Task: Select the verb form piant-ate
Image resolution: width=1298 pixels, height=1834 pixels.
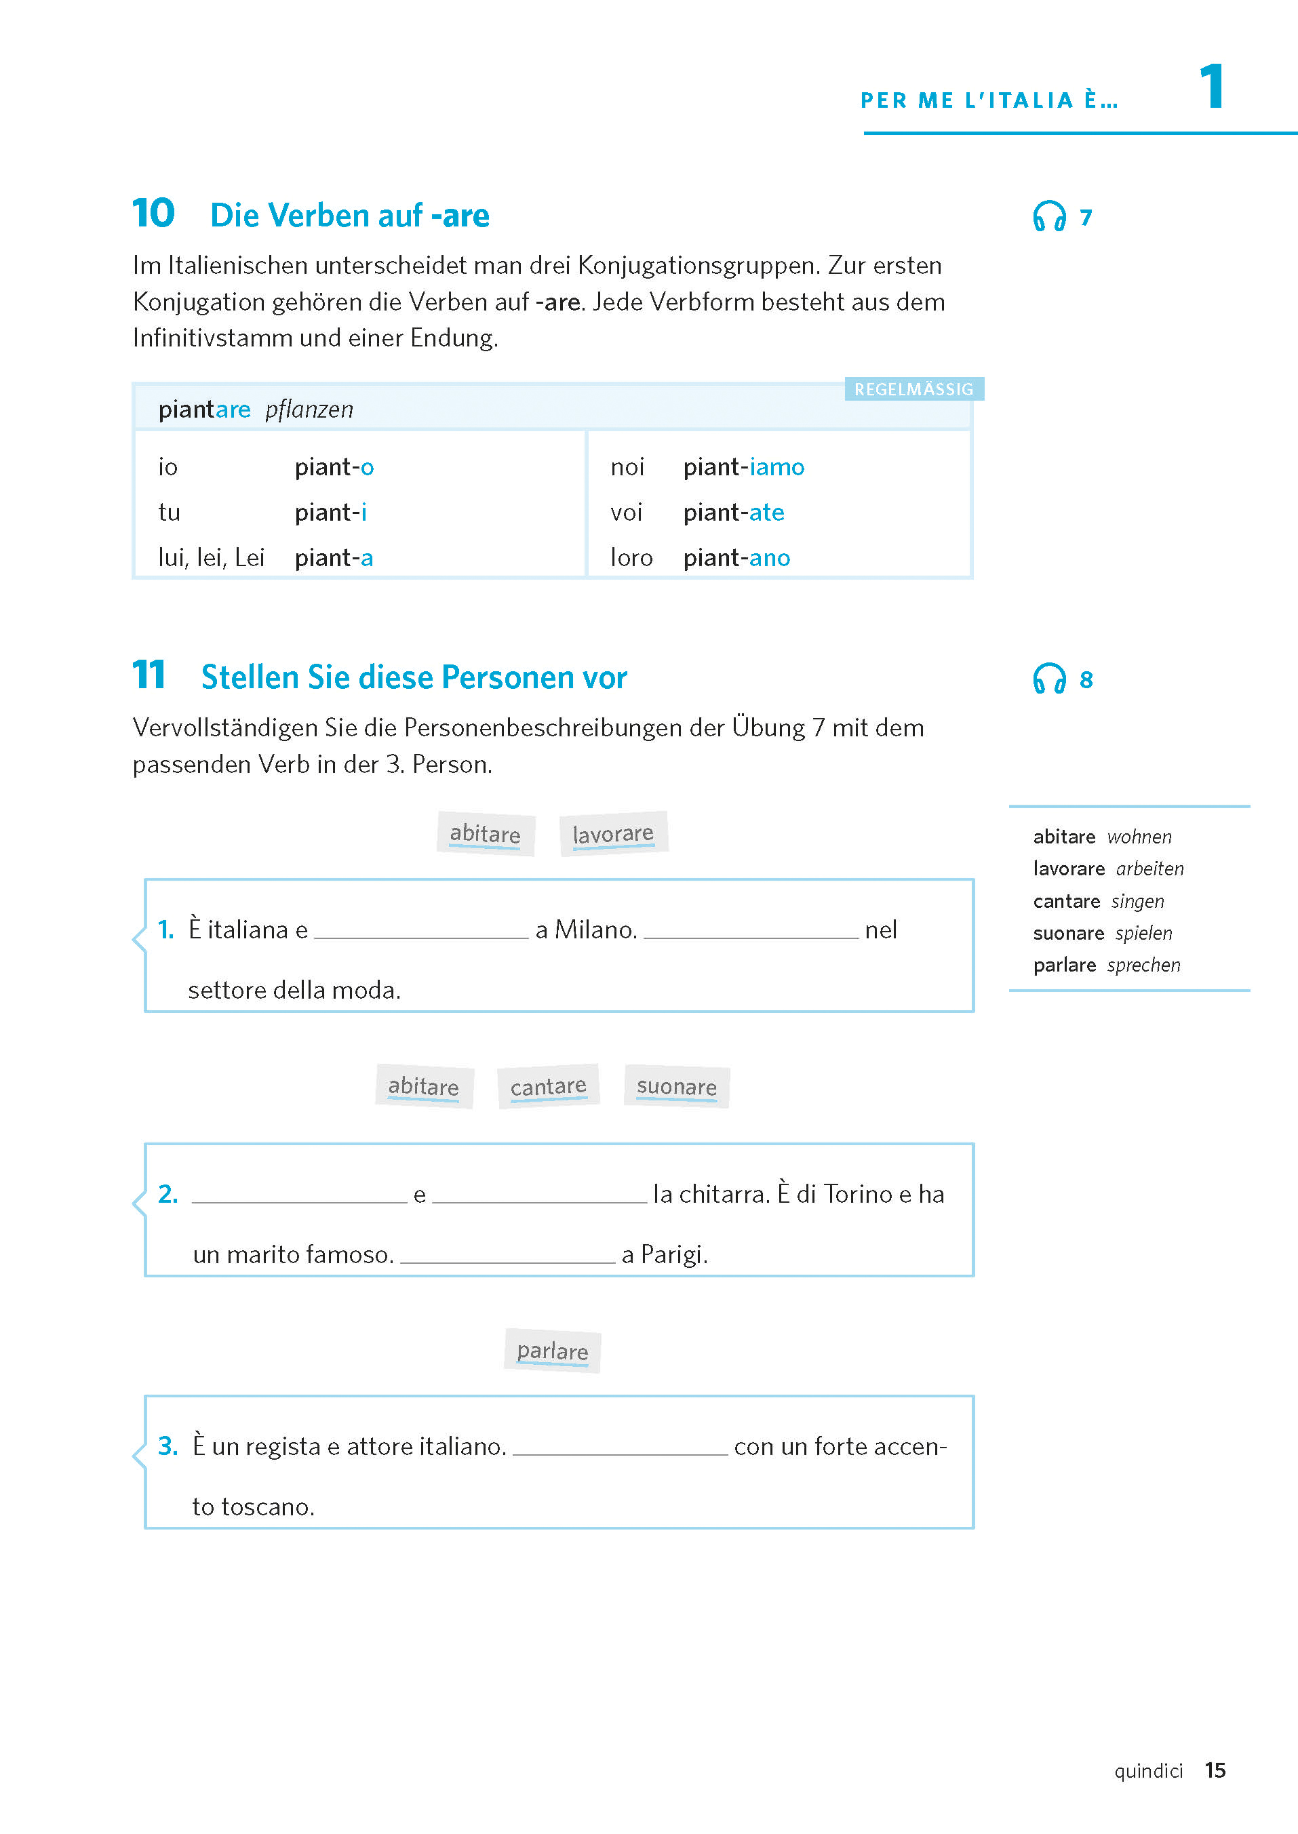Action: (x=734, y=513)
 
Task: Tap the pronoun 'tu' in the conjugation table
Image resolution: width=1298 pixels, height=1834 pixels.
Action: (x=169, y=513)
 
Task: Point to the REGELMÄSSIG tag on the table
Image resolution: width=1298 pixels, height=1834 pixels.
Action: (x=913, y=389)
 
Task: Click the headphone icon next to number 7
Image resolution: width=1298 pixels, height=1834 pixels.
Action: (x=1048, y=216)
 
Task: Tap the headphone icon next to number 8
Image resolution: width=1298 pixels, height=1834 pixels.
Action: (x=1048, y=679)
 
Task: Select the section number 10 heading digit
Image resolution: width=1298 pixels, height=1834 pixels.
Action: (x=153, y=214)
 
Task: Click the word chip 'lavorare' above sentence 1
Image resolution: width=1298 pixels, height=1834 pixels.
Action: (x=613, y=833)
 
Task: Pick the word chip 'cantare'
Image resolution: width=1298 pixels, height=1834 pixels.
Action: (x=548, y=1086)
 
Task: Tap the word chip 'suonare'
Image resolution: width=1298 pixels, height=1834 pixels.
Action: (x=676, y=1086)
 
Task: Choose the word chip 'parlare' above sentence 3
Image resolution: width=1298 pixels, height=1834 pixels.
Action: (x=552, y=1351)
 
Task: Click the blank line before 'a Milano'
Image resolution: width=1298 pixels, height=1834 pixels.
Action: (x=421, y=930)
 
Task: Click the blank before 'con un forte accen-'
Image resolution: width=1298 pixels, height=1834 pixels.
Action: (x=621, y=1448)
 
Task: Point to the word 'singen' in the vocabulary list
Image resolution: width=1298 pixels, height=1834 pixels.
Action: (x=1137, y=902)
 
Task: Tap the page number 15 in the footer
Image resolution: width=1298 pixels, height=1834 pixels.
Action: (x=1215, y=1770)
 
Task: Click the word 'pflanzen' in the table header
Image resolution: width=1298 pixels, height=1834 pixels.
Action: (x=309, y=410)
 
